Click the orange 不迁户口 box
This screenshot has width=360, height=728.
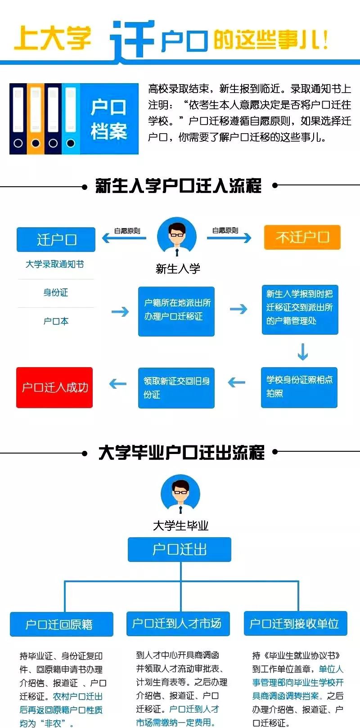tap(302, 237)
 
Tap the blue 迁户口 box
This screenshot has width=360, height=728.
tap(56, 239)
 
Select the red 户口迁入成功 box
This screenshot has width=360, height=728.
tap(54, 387)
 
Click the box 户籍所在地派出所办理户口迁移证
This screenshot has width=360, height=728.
tap(176, 311)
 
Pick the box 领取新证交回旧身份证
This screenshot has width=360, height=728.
tap(176, 387)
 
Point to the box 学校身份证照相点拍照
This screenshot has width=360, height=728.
tap(299, 387)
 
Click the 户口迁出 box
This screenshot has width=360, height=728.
tap(180, 549)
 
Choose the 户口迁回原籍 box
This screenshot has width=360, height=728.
tap(62, 624)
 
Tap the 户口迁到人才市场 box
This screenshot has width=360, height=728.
tap(178, 623)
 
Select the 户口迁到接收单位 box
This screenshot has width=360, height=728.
tap(295, 623)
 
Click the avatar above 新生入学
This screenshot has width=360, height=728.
tap(177, 237)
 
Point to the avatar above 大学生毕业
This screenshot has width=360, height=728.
tap(180, 495)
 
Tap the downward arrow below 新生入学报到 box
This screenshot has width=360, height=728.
tap(303, 351)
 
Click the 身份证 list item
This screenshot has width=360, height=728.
tap(56, 292)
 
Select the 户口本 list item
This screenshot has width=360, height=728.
tap(56, 321)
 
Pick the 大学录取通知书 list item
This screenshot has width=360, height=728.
tap(54, 264)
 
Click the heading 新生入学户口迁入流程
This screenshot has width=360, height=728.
tap(179, 185)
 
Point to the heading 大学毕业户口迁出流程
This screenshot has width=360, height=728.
tap(181, 452)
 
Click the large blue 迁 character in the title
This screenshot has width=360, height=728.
tap(133, 40)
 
